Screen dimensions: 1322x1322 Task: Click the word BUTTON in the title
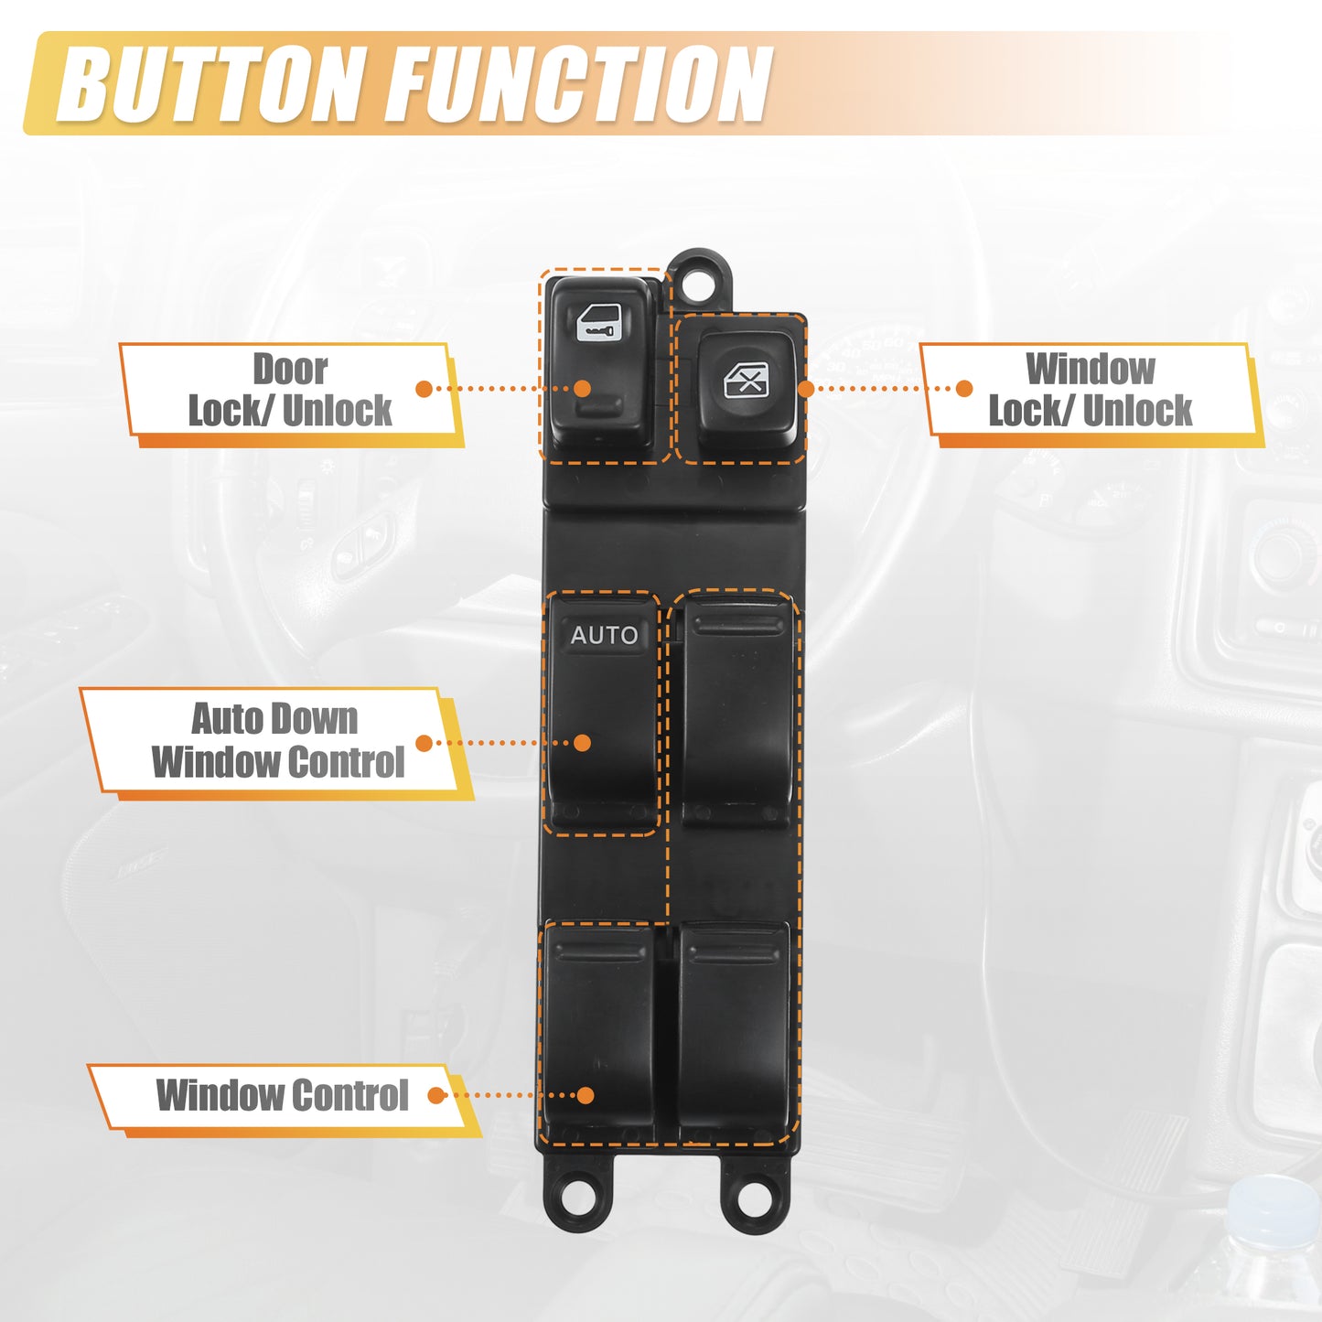point(207,85)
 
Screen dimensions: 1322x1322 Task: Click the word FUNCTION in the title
point(582,85)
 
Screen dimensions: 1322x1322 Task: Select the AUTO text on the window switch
point(604,635)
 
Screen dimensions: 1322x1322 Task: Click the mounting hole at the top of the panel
point(700,281)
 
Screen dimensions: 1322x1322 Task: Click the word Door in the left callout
point(289,369)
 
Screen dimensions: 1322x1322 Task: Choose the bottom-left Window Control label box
point(284,1096)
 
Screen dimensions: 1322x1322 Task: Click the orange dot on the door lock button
point(582,389)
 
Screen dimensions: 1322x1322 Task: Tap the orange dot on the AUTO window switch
point(582,743)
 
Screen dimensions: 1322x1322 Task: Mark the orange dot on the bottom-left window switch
point(585,1096)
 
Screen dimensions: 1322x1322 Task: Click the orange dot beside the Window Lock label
point(964,389)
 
